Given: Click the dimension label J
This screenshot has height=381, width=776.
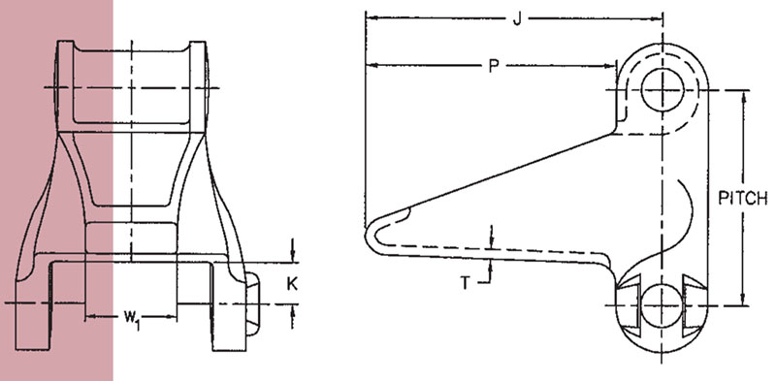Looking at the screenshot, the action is [517, 20].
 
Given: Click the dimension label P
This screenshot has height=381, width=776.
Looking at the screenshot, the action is [494, 66].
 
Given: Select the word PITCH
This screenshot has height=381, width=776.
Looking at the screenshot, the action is [742, 199].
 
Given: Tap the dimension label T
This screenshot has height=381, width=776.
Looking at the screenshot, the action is [465, 283].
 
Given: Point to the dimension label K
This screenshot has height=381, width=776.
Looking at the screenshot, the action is [293, 283].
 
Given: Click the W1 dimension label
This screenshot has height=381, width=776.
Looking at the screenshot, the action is [131, 317].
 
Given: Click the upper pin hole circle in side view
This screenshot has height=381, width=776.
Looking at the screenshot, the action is [663, 89].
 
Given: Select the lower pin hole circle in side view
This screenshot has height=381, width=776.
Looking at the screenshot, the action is [663, 304].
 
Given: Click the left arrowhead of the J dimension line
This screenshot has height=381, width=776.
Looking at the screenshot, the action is [371, 18].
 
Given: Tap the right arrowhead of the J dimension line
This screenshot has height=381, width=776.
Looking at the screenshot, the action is [657, 18].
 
